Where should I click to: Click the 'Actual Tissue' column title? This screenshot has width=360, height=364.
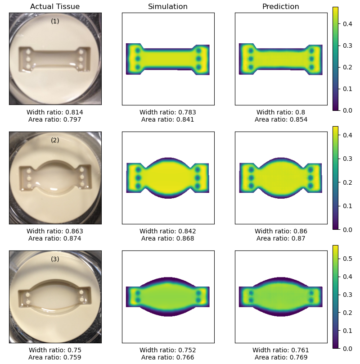[55, 6]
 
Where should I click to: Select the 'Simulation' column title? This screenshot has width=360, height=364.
[168, 6]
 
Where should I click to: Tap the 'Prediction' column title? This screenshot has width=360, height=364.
[281, 6]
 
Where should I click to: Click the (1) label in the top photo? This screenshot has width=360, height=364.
[55, 21]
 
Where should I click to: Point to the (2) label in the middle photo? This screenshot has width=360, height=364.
[55, 140]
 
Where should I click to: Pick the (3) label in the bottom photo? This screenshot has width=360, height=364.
[55, 259]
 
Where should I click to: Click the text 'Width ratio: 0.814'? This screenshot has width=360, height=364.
[55, 112]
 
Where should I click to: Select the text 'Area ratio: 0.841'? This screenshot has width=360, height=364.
[168, 119]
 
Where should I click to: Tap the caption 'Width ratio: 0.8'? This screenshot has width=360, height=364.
[281, 112]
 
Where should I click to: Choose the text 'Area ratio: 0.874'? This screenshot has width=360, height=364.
[55, 238]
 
